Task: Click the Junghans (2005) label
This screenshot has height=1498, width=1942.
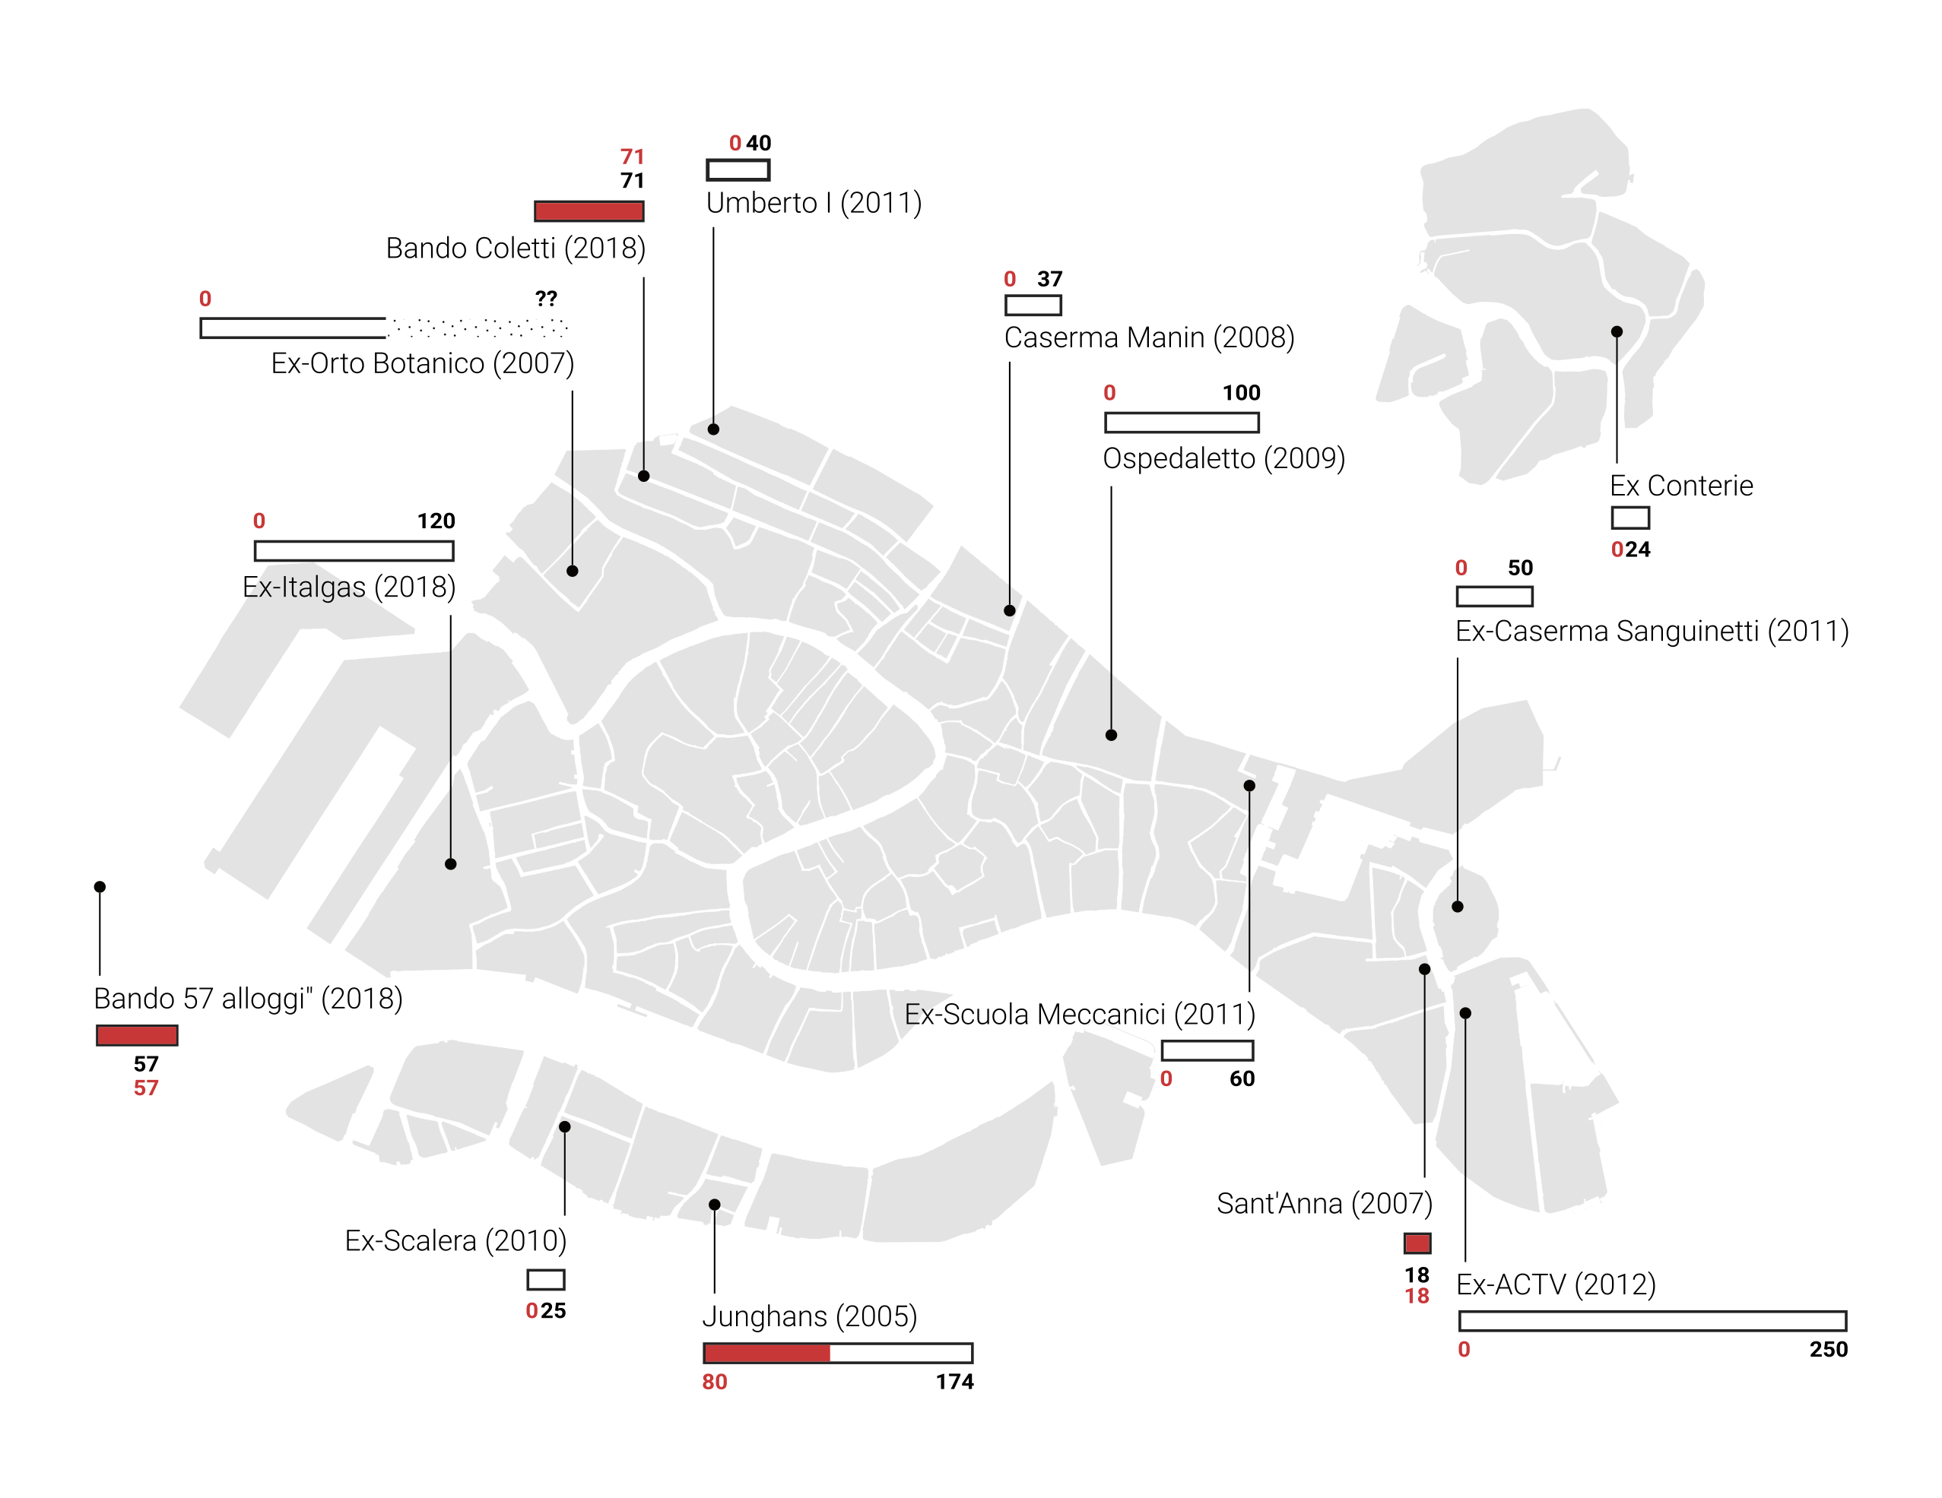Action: pyautogui.click(x=809, y=1316)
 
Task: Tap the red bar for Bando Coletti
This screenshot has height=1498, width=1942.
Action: pyautogui.click(x=589, y=211)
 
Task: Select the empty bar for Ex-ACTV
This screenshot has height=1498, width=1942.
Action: pyautogui.click(x=1652, y=1320)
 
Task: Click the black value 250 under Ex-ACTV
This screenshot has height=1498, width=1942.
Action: pyautogui.click(x=1828, y=1350)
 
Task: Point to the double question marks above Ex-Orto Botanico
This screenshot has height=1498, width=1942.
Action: pyautogui.click(x=546, y=298)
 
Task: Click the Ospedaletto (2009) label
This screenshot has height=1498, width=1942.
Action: pyautogui.click(x=1223, y=458)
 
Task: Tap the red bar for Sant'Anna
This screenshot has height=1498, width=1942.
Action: pyautogui.click(x=1417, y=1243)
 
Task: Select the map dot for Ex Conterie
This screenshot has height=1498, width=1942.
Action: pyautogui.click(x=1617, y=331)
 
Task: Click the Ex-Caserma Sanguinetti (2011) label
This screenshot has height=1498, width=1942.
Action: pyautogui.click(x=1652, y=630)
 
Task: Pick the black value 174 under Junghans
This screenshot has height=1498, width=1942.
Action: pyautogui.click(x=954, y=1382)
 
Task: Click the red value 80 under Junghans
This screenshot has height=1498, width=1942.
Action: pyautogui.click(x=714, y=1382)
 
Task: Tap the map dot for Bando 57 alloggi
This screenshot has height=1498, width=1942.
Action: pyautogui.click(x=100, y=886)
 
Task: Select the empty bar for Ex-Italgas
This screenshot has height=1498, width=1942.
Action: pyautogui.click(x=354, y=550)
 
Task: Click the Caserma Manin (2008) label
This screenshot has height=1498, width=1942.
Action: pyautogui.click(x=1149, y=337)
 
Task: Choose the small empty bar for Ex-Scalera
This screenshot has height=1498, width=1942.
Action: pyautogui.click(x=545, y=1279)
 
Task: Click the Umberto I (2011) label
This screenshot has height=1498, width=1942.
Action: pyautogui.click(x=814, y=203)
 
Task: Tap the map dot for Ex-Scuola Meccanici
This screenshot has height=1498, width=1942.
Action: pyautogui.click(x=1249, y=785)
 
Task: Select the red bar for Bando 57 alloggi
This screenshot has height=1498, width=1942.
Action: pyautogui.click(x=137, y=1035)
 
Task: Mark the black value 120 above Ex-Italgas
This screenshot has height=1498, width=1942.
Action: pyautogui.click(x=436, y=521)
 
